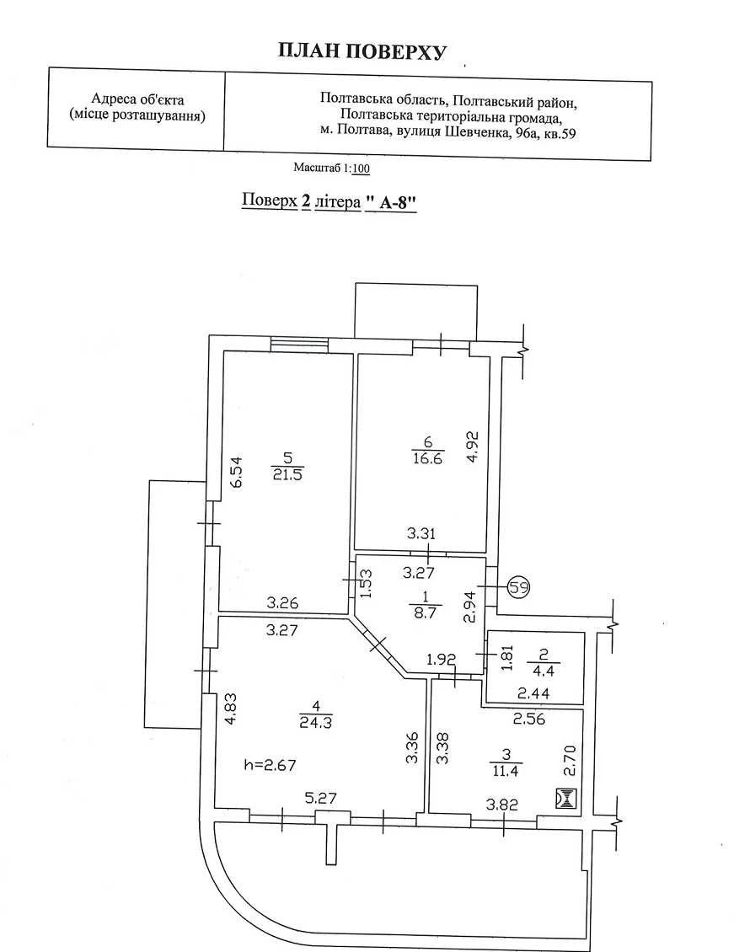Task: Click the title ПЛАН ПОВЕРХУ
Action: click(362, 51)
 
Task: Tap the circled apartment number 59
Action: click(518, 587)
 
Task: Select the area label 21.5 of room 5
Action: click(287, 474)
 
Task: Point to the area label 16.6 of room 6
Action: click(427, 457)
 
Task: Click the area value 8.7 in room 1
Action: click(425, 612)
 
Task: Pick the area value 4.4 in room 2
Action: click(543, 671)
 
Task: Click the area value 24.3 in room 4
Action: click(315, 723)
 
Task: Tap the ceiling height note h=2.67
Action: click(270, 764)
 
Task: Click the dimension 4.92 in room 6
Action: click(473, 447)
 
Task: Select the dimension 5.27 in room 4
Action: click(320, 797)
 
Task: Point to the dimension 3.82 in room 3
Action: click(501, 805)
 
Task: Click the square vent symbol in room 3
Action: click(565, 798)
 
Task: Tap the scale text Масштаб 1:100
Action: click(331, 168)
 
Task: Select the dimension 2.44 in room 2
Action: click(533, 693)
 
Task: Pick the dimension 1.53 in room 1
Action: click(366, 583)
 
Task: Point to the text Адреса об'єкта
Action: click(137, 99)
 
